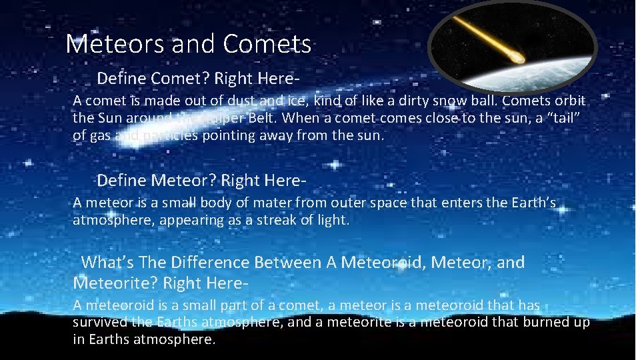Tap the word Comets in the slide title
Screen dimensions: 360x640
click(267, 45)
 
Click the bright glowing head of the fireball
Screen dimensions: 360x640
click(517, 59)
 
